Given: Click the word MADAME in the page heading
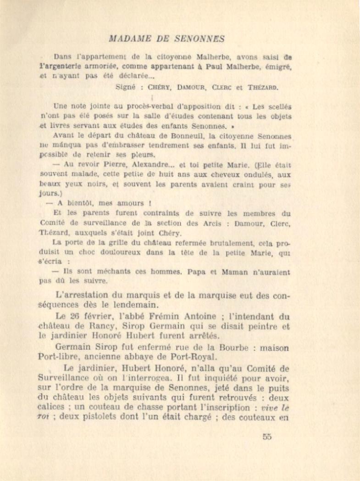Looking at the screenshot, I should (127, 39).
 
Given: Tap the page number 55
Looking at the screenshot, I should (267, 436).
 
